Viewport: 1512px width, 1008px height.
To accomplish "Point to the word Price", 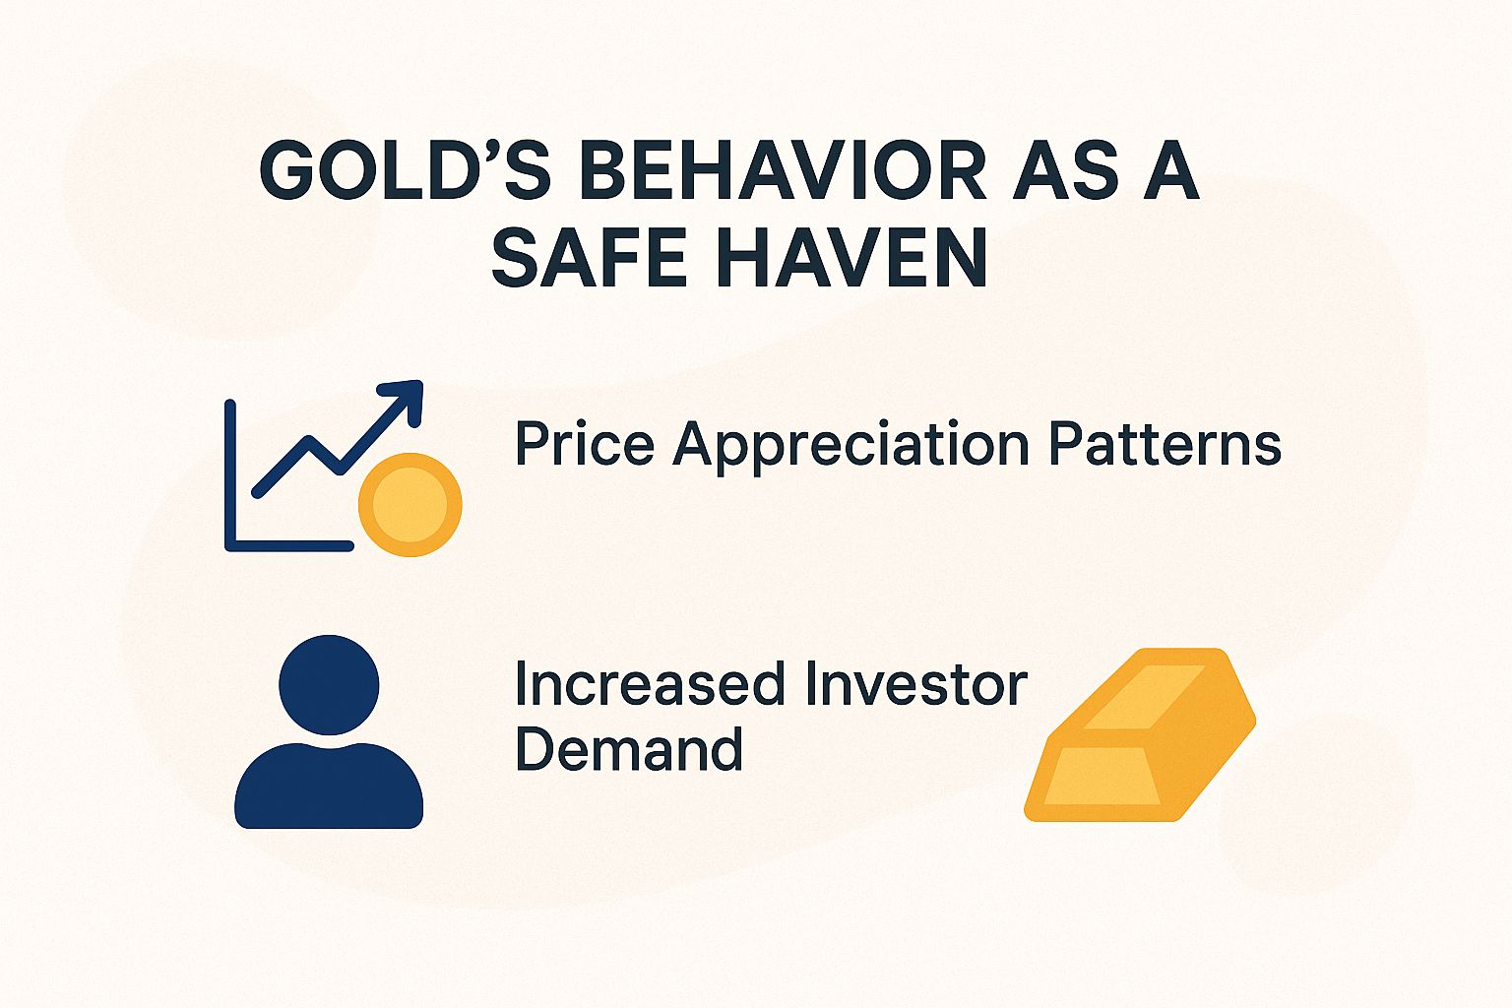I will pos(584,444).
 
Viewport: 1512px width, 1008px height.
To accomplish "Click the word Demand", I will pos(628,750).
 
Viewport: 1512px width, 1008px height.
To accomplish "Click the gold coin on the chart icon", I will pos(409,504).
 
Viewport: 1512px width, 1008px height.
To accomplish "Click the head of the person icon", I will pos(329,684).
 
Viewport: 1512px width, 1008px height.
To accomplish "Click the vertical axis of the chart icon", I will pos(230,472).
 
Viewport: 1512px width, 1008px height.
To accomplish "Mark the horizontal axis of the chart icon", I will pos(289,545).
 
